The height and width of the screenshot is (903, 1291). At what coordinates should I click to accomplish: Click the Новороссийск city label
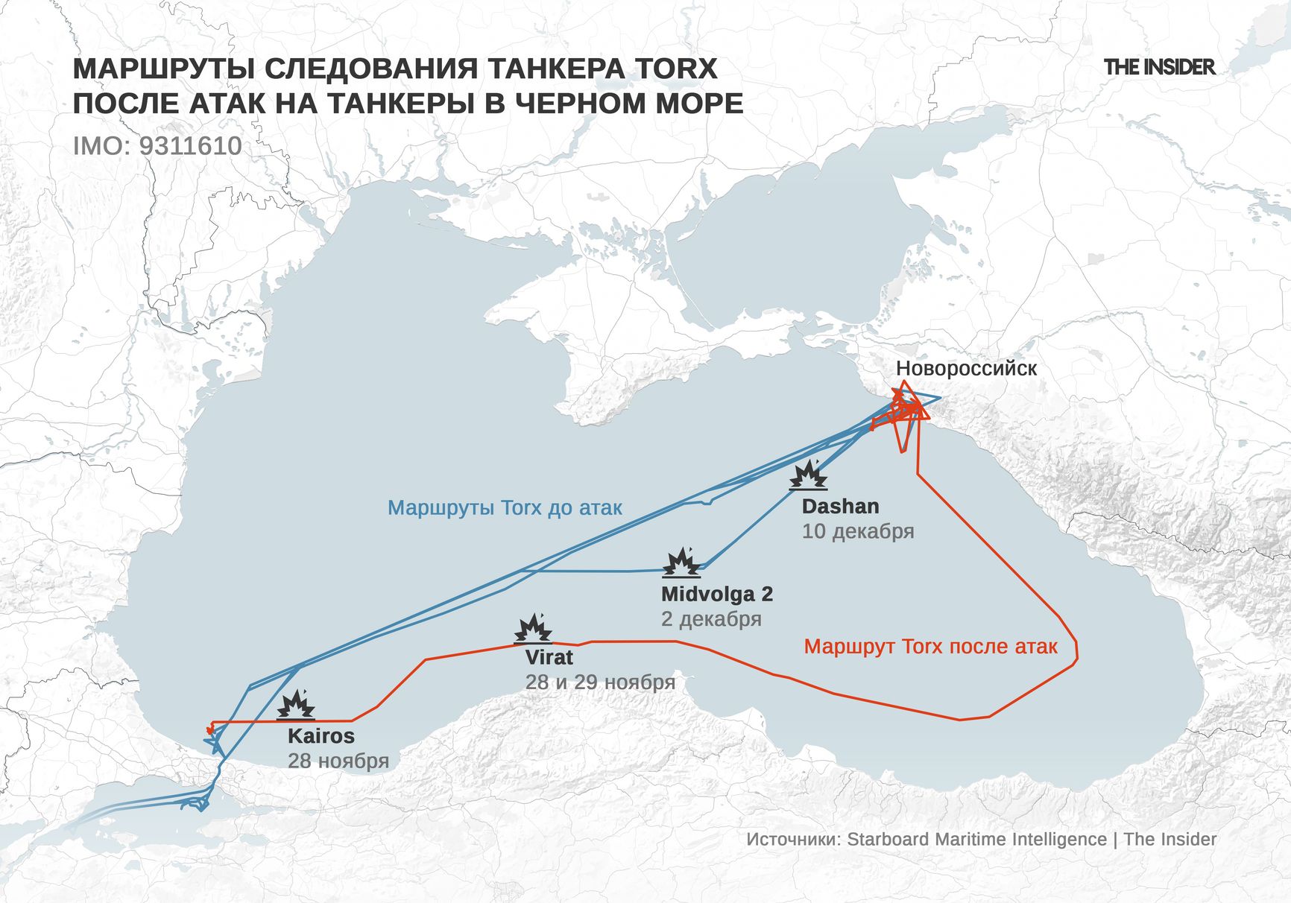(966, 368)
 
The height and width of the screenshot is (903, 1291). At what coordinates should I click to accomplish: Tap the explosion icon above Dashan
(809, 475)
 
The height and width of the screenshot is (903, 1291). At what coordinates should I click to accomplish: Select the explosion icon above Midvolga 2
(681, 563)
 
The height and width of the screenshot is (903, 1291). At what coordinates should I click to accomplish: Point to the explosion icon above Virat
(534, 629)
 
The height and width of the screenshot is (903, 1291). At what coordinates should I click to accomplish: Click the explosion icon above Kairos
(296, 705)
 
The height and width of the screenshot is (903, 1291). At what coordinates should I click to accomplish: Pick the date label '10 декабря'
(858, 531)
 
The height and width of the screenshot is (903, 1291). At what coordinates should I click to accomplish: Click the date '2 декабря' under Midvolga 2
(711, 619)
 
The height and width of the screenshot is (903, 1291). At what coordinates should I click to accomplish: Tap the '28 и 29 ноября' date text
(600, 682)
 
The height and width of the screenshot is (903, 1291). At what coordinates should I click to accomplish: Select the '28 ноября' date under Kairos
(338, 761)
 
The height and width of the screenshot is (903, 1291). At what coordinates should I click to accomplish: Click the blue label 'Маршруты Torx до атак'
(505, 508)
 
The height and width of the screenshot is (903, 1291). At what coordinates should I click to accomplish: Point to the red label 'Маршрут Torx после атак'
(930, 646)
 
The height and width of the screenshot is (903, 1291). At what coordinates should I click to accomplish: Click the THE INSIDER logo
(1159, 67)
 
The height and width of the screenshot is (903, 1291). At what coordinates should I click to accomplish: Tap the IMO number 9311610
(190, 146)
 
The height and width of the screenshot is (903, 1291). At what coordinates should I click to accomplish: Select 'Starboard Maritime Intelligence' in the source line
(976, 839)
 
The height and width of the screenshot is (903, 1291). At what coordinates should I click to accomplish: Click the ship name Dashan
(840, 507)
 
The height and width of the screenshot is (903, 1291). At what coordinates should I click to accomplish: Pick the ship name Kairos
(321, 736)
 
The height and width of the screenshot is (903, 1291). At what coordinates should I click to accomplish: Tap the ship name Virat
(549, 657)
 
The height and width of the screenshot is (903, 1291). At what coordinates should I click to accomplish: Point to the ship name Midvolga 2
(716, 595)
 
